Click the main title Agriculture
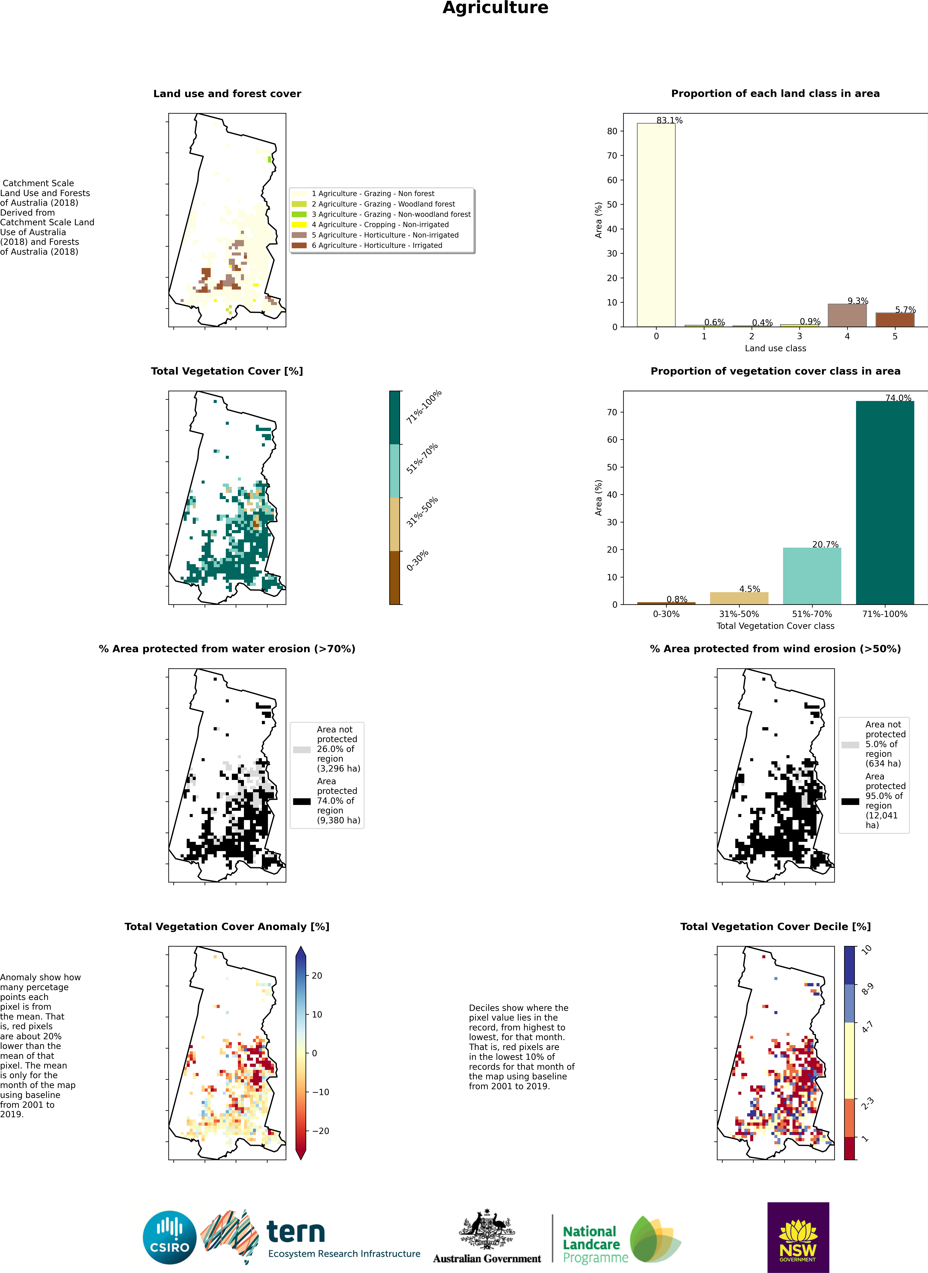click(x=495, y=8)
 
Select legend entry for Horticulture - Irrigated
click(x=376, y=245)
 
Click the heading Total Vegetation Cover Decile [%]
click(x=775, y=927)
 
